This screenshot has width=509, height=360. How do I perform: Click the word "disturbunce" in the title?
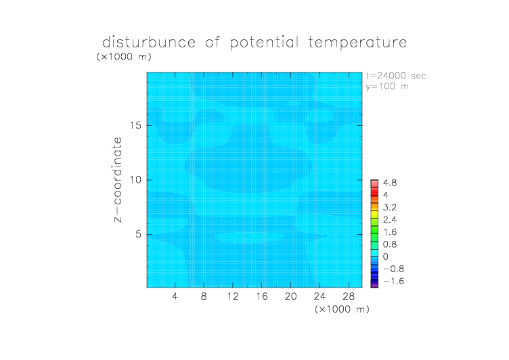pos(149,42)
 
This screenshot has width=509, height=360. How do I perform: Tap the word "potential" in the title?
pos(264,43)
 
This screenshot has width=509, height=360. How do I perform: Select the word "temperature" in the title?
pos(357,43)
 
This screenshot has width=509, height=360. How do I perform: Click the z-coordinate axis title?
pos(118,180)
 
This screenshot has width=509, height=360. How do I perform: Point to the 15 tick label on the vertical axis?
pos(135,125)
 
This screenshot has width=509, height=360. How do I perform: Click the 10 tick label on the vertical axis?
pos(135,180)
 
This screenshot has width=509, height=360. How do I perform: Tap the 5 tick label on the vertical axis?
pos(139,234)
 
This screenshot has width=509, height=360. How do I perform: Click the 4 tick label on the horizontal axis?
pos(175,296)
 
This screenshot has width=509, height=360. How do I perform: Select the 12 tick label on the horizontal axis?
pos(233,296)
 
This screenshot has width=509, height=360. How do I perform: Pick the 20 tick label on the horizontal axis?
pos(290,296)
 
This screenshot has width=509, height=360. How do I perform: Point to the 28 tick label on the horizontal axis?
pos(349,296)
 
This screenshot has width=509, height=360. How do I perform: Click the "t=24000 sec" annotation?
pos(396,76)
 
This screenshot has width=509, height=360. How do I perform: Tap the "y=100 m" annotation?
pos(387,87)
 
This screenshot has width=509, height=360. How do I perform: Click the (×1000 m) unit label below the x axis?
pos(342,309)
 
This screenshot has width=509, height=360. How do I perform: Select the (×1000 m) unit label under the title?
pos(124,56)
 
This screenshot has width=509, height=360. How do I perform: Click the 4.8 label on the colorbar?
pos(390,183)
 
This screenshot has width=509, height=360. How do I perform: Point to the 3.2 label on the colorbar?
pos(390,208)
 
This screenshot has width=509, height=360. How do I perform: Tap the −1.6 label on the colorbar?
pos(393,281)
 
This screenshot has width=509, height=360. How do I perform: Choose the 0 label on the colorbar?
pos(386,256)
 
